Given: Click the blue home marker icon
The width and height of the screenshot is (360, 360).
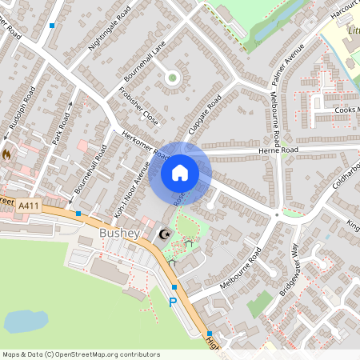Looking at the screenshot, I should tap(180, 171).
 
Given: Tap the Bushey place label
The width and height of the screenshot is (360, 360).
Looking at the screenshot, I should tap(120, 233).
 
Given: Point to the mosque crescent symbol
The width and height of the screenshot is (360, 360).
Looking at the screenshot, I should tap(166, 234).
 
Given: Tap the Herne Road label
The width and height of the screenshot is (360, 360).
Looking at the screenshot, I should tap(278, 150).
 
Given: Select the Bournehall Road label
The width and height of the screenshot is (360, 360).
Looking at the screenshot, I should tap(90, 169).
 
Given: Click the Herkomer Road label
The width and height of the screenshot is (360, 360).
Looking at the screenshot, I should tap(140, 144).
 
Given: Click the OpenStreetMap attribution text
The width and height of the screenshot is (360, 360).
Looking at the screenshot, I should tap(81, 354).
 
